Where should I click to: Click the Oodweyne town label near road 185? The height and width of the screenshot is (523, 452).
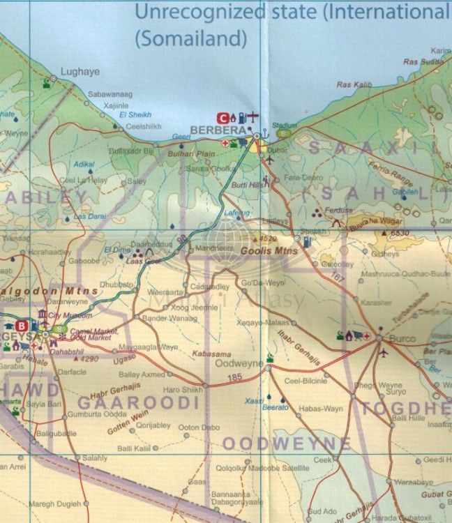point(239,364)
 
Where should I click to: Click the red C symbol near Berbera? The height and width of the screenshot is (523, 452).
point(224,117)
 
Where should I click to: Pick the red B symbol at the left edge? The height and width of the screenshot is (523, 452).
point(22,325)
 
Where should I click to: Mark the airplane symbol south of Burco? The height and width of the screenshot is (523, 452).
point(383,352)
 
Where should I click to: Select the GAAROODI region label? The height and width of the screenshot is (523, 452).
point(139,402)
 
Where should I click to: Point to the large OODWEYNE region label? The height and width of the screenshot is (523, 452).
point(286,444)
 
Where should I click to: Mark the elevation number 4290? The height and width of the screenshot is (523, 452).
point(89,360)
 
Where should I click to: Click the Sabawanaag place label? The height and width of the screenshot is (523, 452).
point(111,93)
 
